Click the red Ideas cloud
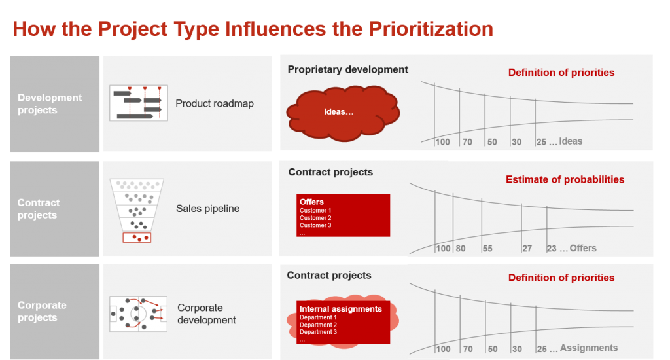pos(343,113)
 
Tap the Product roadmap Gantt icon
pos(139,103)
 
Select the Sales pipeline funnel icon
pos(137,210)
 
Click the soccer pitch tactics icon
pos(138,314)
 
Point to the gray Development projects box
pos(55,104)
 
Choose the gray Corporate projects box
pos(55,312)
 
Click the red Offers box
pos(343,215)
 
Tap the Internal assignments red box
pos(343,322)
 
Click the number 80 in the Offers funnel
pos(460,249)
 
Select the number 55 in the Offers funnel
pos(487,249)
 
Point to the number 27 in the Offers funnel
pos(527,249)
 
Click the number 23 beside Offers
pos(552,249)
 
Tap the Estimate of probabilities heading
pos(565,179)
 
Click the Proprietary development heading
pos(348,69)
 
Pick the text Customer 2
pos(315,218)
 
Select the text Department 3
pos(318,332)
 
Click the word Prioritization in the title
pos(431,29)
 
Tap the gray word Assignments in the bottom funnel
pos(589,348)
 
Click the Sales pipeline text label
pos(207,209)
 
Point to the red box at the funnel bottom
pos(137,238)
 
